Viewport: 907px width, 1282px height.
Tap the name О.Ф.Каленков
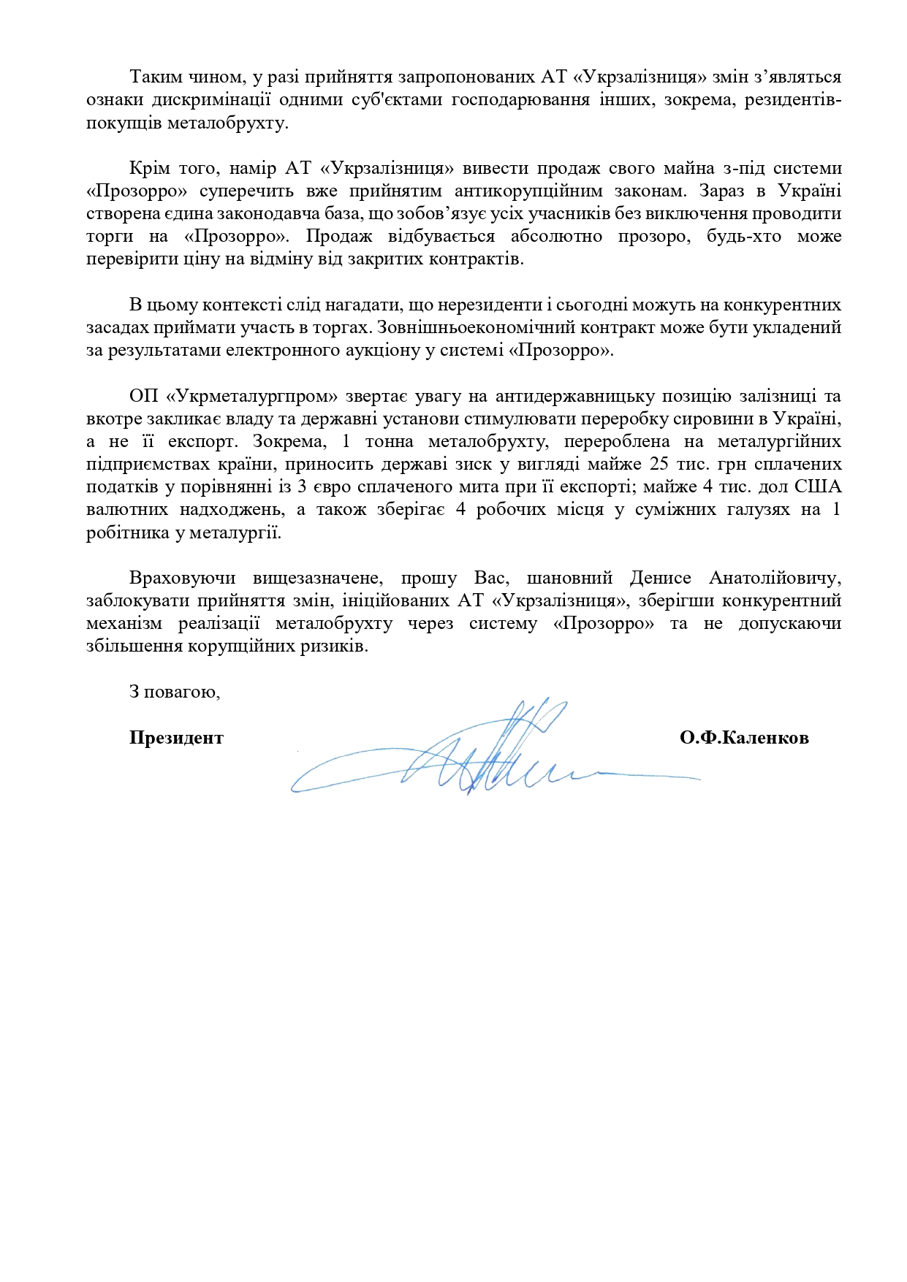click(x=743, y=738)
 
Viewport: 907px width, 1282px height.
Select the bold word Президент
click(x=176, y=738)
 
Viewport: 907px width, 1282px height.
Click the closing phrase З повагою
click(x=175, y=692)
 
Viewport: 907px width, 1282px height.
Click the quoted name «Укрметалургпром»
click(x=252, y=396)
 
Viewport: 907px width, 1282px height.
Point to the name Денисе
click(x=660, y=578)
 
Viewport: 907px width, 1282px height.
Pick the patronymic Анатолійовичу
click(x=775, y=578)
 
